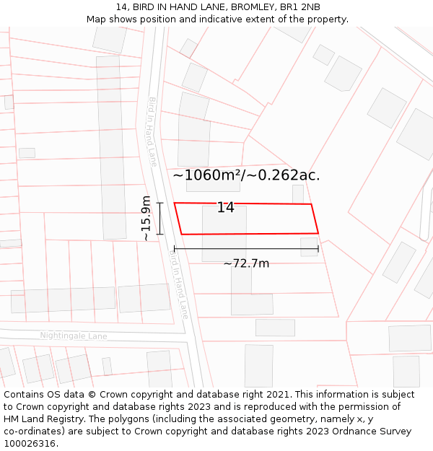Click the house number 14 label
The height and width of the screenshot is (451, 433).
226,208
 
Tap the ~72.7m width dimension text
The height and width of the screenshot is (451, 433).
246,263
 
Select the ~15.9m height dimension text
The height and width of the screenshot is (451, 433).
146,218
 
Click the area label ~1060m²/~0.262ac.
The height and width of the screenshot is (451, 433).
246,175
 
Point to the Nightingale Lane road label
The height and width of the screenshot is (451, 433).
74,336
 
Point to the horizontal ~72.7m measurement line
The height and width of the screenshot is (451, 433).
246,250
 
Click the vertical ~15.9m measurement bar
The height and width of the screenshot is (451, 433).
160,218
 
